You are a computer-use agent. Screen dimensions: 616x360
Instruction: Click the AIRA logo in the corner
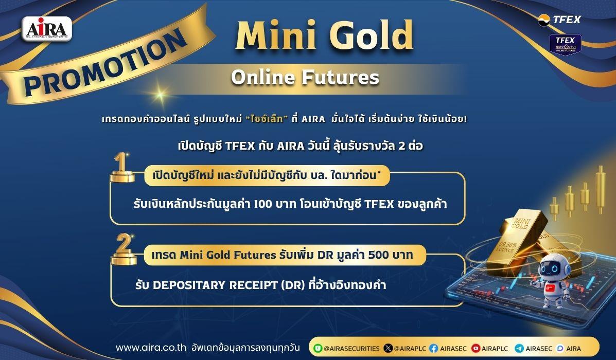coord(47,29)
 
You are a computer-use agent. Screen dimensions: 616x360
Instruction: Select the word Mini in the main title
coord(276,35)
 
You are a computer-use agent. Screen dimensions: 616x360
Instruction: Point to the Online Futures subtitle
coord(305,77)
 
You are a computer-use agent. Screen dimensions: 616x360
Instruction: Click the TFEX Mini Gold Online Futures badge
coord(566,44)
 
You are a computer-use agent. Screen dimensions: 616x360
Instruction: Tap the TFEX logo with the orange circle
coord(559,20)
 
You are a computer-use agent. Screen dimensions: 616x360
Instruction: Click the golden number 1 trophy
coord(122,168)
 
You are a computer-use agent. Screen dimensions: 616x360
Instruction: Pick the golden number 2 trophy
coord(124,249)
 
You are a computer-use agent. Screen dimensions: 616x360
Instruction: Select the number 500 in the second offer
coord(378,255)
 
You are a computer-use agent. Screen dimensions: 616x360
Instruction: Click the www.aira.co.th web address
coord(151,348)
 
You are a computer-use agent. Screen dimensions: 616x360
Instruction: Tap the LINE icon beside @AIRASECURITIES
coord(318,348)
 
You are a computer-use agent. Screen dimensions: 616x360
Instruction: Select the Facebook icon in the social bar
coord(434,348)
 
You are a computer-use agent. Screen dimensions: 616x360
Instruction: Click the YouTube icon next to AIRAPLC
coord(476,348)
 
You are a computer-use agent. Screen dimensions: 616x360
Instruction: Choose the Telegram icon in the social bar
coord(519,348)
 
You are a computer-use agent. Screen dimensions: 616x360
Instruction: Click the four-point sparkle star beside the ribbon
coord(160,94)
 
